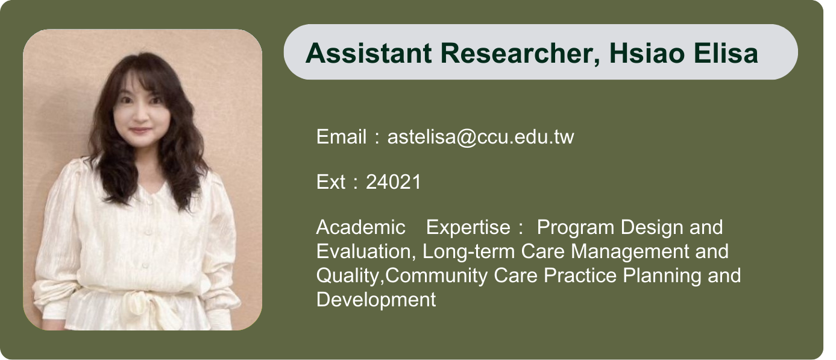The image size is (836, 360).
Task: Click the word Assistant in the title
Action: coord(369,53)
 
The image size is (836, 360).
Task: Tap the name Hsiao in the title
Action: coord(647,53)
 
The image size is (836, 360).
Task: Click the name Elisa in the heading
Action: coord(726,53)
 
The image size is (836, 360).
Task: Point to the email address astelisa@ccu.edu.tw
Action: coord(481,137)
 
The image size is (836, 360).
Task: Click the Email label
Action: coord(342,137)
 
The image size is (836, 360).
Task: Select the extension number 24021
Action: coord(394,182)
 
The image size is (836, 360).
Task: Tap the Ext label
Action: coord(331,182)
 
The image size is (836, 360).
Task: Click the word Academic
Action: coord(361,227)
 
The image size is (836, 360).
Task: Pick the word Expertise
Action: coord(468,228)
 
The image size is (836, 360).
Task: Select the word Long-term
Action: coord(469,251)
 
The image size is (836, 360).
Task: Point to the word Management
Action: coord(630,251)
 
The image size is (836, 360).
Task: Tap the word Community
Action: coord(436,276)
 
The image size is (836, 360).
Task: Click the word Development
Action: coord(376,300)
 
